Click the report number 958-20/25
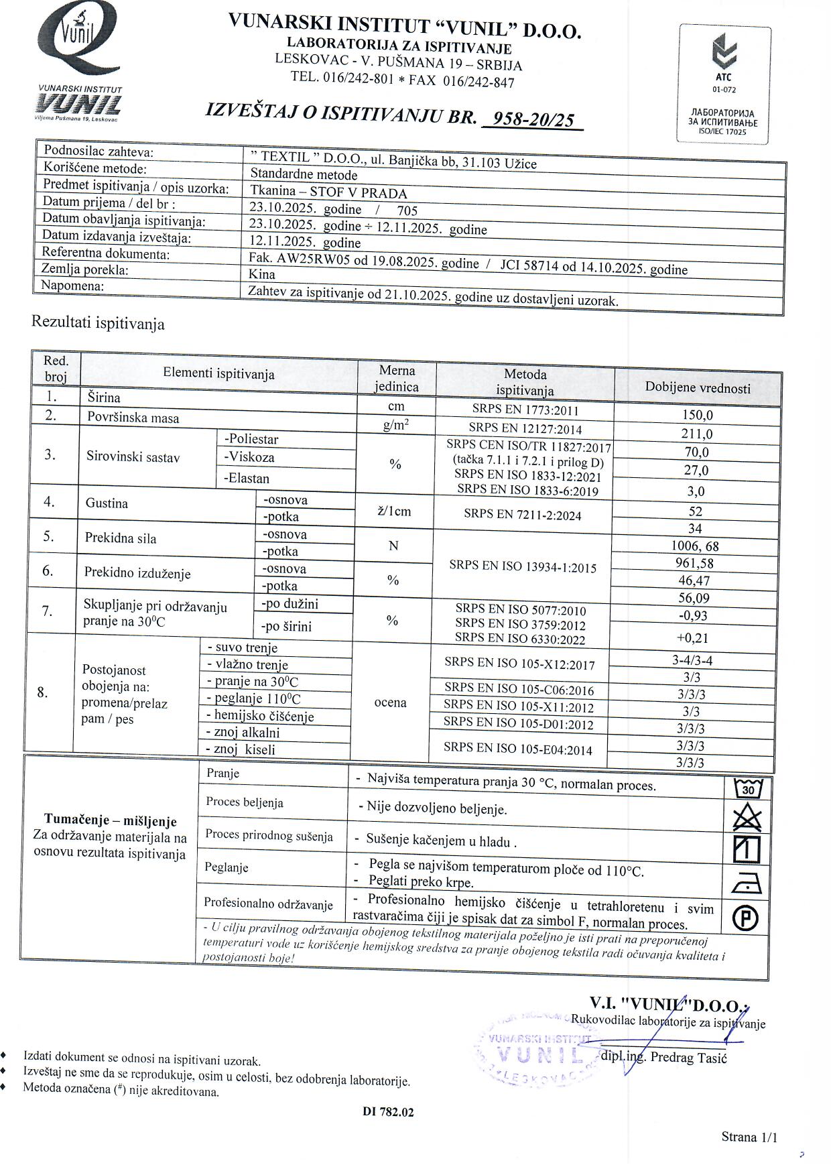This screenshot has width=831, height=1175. tap(533, 119)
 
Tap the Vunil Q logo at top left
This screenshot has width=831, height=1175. tap(78, 40)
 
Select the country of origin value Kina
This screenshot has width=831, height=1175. tap(261, 274)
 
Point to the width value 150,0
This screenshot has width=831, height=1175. tap(697, 416)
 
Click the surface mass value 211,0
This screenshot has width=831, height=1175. tap(697, 434)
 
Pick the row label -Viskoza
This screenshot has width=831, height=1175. tap(249, 457)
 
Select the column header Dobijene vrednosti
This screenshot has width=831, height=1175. tap(697, 388)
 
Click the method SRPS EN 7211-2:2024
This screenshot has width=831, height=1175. tap(522, 515)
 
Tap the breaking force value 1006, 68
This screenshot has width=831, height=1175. tap(695, 546)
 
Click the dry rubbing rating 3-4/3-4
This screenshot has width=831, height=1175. tap(692, 660)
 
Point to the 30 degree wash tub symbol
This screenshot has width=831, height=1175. tap(748, 789)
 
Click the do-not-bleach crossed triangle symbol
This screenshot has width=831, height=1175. tap(747, 818)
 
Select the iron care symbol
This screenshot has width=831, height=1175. tap(746, 884)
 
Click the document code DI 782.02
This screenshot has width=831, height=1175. tap(388, 1112)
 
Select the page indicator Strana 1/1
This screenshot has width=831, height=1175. tap(749, 1137)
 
